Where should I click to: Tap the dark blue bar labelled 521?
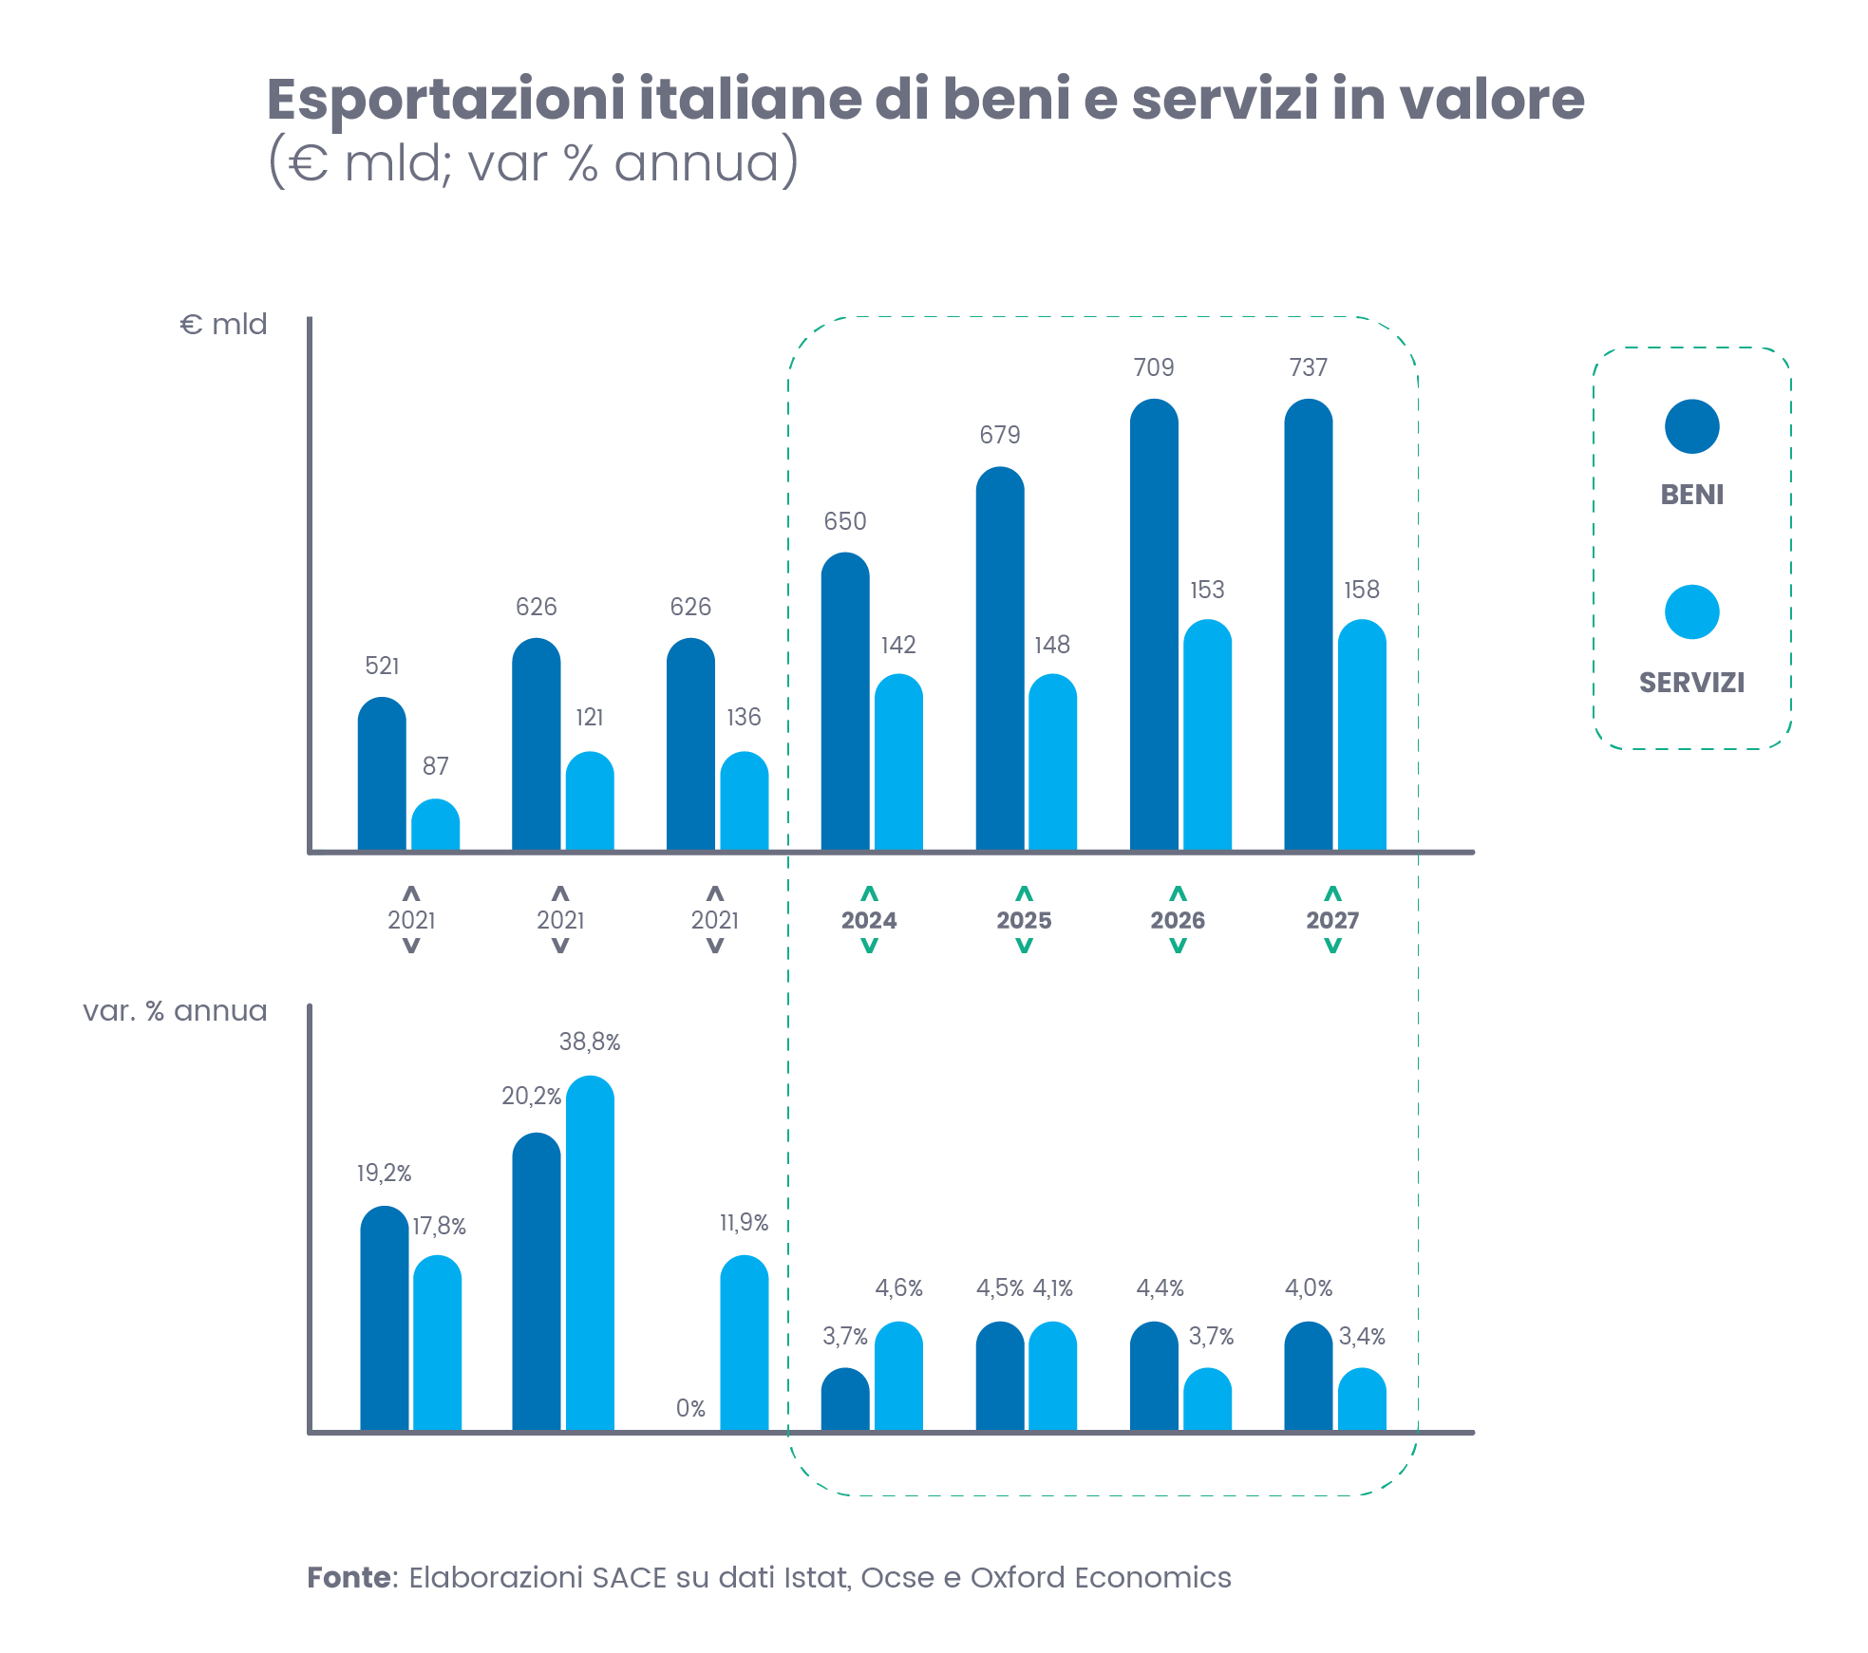[x=382, y=773]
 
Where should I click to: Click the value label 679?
[x=1000, y=435]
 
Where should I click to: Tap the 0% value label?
[x=690, y=1408]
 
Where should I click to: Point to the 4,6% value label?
[x=898, y=1287]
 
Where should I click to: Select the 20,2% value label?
[x=531, y=1097]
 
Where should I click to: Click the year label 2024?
[x=869, y=920]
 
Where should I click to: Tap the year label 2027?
[x=1332, y=920]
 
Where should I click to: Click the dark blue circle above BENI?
[x=1691, y=426]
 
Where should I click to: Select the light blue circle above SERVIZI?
[x=1691, y=612]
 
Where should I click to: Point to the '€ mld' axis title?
[x=223, y=325]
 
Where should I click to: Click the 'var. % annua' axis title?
[x=175, y=1011]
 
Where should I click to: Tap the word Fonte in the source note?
[x=349, y=1577]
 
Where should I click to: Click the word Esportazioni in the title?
[x=445, y=99]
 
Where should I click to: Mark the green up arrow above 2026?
[x=1178, y=893]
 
